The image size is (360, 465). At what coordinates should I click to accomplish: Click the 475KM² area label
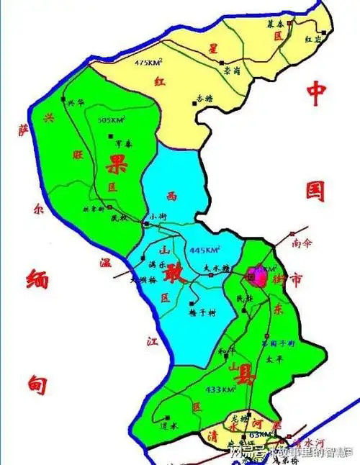pyautogui.click(x=148, y=63)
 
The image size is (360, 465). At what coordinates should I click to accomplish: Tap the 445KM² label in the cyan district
pyautogui.click(x=204, y=250)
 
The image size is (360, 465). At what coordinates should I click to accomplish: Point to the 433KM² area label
pyautogui.click(x=220, y=389)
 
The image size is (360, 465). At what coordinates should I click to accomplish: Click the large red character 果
pyautogui.click(x=115, y=164)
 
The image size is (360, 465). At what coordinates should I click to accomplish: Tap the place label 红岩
pyautogui.click(x=312, y=40)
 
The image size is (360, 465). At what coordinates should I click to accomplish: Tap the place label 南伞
pyautogui.click(x=302, y=243)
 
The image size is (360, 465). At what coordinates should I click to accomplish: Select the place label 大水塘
pyautogui.click(x=215, y=267)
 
